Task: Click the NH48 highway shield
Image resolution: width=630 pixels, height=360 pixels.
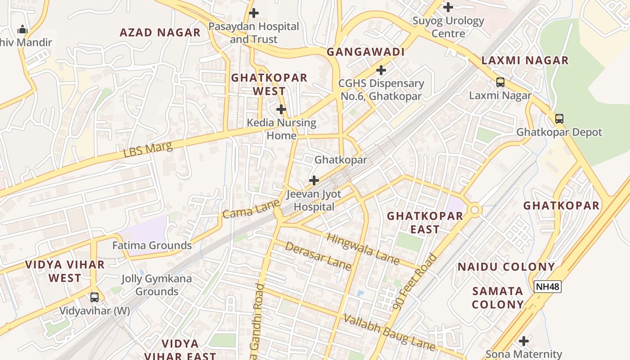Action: (x=548, y=287)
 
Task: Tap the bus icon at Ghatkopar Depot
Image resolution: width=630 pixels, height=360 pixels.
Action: (x=559, y=119)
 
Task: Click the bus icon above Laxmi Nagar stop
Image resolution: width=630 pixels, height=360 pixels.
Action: (x=500, y=82)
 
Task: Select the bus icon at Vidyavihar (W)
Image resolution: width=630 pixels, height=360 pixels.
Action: (x=94, y=297)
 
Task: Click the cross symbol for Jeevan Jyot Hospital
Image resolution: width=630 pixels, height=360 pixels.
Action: (x=314, y=180)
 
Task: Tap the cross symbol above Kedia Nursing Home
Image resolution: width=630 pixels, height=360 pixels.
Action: (x=281, y=109)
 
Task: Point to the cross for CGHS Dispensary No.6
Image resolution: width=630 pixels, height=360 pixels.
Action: (x=381, y=70)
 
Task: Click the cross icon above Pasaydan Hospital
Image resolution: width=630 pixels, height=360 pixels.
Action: (x=254, y=13)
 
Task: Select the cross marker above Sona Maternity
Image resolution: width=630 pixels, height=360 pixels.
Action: (x=523, y=341)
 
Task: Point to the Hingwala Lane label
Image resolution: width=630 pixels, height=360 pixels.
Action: (x=363, y=249)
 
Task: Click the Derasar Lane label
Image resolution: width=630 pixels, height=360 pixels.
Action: (x=318, y=256)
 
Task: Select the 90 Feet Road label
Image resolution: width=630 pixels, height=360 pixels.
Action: (x=415, y=282)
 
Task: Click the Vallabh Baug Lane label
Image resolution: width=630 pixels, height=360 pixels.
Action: (x=389, y=333)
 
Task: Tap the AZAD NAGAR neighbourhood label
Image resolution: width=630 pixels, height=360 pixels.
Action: (x=160, y=32)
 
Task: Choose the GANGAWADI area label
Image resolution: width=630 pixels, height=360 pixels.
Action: (x=365, y=52)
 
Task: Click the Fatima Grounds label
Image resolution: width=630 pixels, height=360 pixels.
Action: (x=152, y=246)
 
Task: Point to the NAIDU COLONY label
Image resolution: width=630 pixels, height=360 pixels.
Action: (x=506, y=267)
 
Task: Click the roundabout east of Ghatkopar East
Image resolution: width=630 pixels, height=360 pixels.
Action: (x=474, y=210)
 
